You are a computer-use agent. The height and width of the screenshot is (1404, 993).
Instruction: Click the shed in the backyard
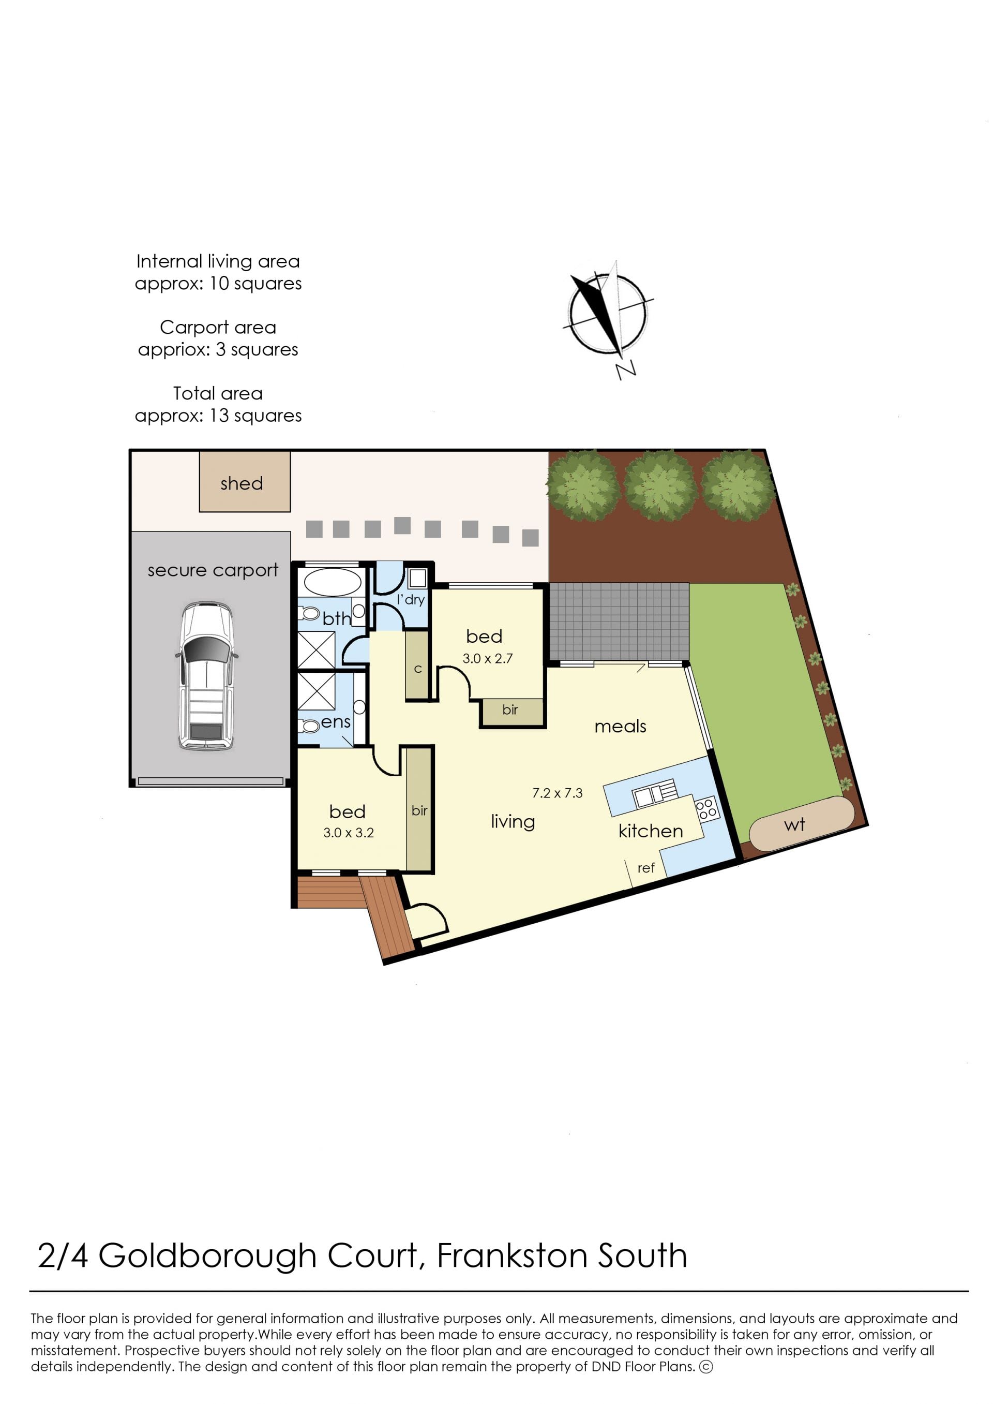245,481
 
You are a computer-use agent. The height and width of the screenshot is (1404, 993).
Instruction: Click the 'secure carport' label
213,570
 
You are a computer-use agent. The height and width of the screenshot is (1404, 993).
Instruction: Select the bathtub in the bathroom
332,582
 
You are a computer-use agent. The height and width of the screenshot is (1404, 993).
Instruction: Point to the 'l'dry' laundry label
411,599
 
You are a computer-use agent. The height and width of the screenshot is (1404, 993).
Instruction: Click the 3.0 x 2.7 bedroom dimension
487,658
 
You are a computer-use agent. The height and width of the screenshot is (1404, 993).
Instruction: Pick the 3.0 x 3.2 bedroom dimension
349,833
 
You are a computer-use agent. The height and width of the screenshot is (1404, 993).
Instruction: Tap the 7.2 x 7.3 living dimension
557,793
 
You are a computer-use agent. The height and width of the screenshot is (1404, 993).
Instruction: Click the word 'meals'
620,726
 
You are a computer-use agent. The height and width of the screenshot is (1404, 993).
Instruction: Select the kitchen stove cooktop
706,809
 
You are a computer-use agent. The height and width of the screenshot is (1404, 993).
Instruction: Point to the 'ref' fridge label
645,868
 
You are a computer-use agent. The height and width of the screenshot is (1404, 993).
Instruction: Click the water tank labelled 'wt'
801,823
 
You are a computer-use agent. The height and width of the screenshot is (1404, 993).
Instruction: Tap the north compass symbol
608,315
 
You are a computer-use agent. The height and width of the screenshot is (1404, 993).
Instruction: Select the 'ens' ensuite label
336,722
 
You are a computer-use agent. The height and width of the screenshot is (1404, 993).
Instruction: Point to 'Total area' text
218,393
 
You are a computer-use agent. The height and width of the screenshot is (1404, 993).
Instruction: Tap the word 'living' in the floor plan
513,822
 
